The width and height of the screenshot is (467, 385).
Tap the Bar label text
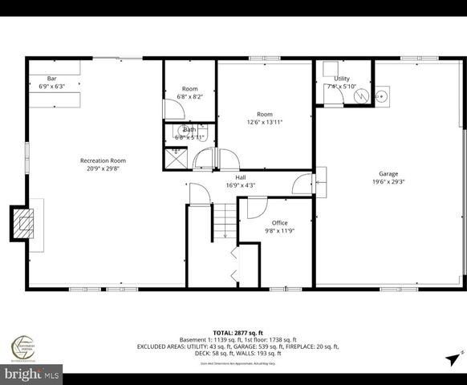[51, 79]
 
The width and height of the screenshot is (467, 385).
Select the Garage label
[388, 174]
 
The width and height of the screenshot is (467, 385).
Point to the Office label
[279, 223]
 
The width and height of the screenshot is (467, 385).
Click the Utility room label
[342, 79]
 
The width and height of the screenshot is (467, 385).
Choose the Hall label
[241, 177]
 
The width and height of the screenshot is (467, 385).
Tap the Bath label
[189, 130]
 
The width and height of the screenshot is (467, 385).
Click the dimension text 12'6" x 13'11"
[265, 122]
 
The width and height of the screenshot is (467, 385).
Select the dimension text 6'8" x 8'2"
[190, 97]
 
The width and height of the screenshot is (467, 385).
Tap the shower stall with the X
[175, 156]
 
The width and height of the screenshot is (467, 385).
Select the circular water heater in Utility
[360, 95]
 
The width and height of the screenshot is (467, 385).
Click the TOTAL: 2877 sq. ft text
[233, 332]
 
